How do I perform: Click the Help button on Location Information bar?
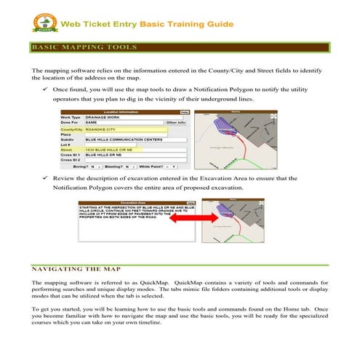pos(185,112)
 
